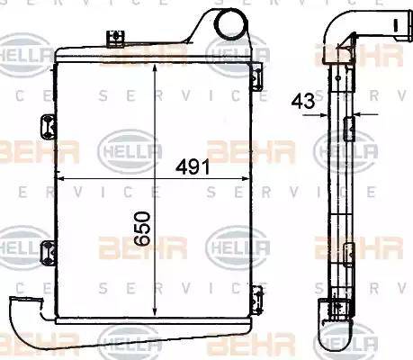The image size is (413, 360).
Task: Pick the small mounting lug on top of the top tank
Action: point(113,38)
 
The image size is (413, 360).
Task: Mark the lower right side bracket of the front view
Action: point(257,294)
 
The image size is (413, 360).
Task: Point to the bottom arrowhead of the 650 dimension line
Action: point(157,315)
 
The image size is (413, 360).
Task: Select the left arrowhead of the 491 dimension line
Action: point(60,180)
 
